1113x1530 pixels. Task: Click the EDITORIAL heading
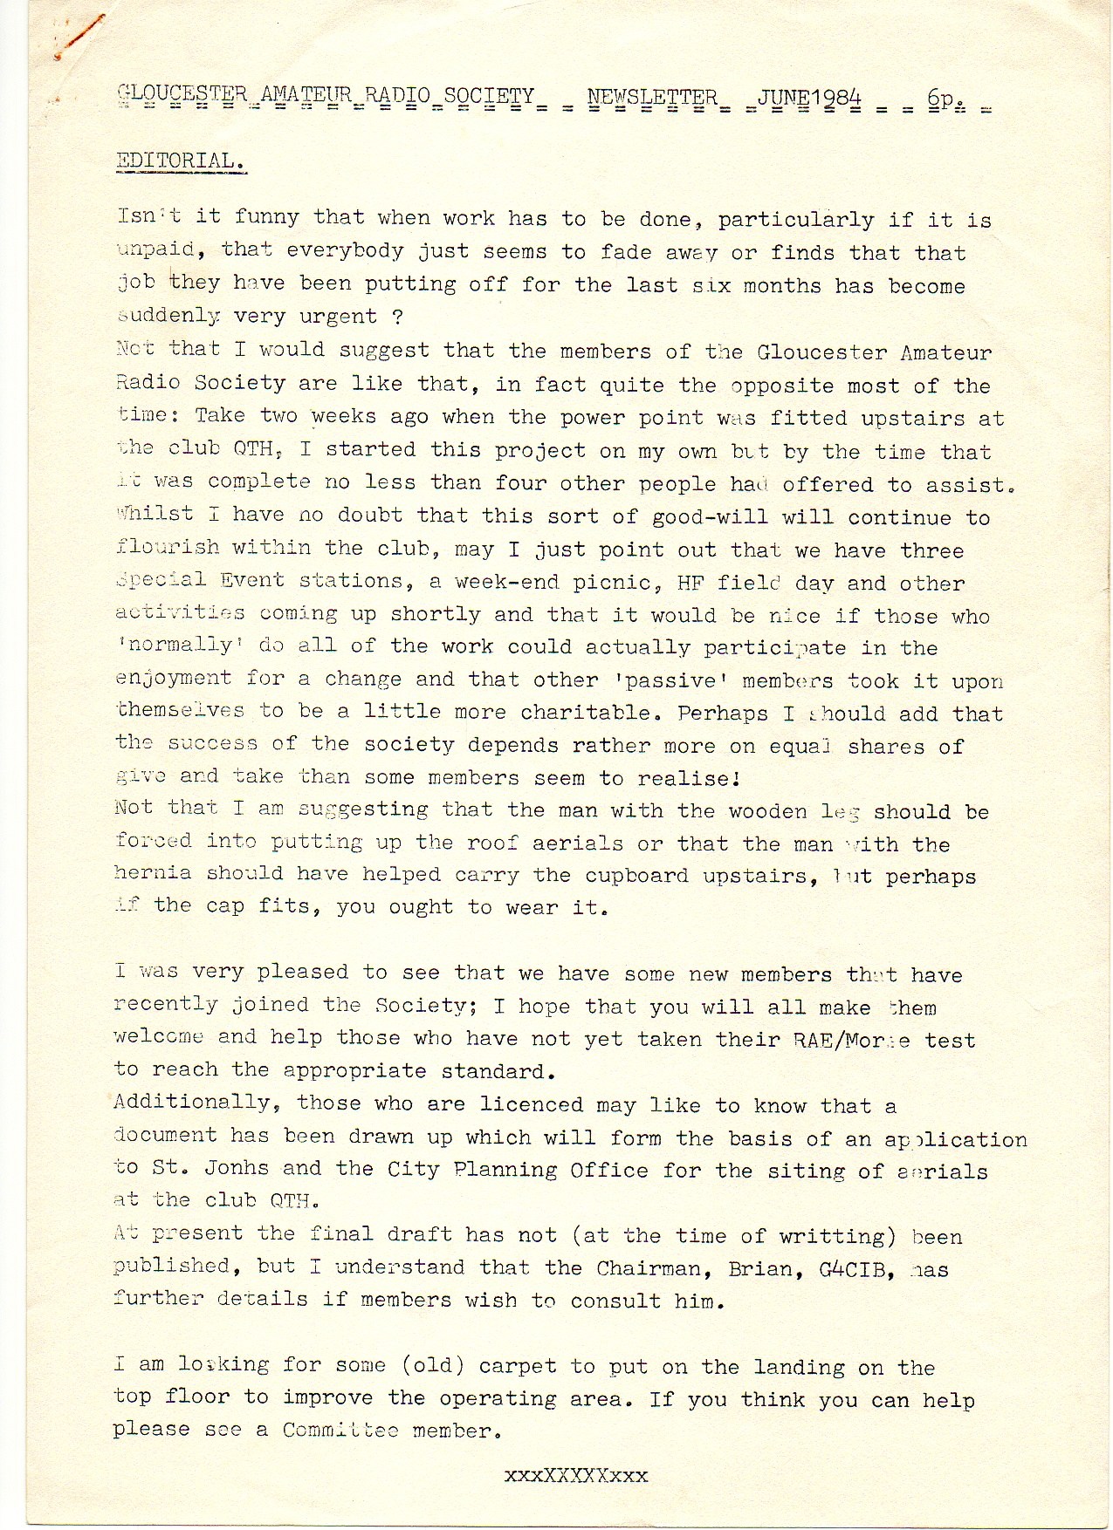181,161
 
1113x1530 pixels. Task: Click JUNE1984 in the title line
809,97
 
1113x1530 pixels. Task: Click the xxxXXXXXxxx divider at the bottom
576,1476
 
